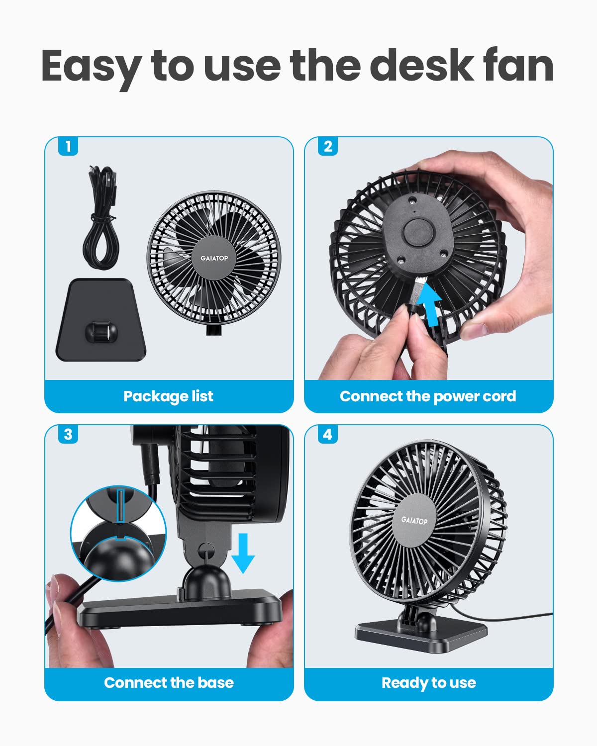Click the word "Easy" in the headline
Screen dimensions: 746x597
pos(91,67)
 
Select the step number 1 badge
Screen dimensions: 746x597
pos(68,146)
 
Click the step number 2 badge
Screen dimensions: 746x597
pos(328,146)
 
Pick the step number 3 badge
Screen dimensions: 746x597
pos(68,434)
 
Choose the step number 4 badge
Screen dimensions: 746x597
pos(328,434)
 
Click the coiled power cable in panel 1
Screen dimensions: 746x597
pos(102,219)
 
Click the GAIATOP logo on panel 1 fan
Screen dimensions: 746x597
pos(214,258)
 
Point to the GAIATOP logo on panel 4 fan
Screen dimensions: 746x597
pos(414,520)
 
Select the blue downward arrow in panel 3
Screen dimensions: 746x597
pos(243,553)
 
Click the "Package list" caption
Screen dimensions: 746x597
pos(168,396)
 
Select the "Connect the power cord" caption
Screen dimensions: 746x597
pos(428,396)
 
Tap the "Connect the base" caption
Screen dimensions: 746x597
pos(169,683)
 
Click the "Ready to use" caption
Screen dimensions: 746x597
pos(428,683)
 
